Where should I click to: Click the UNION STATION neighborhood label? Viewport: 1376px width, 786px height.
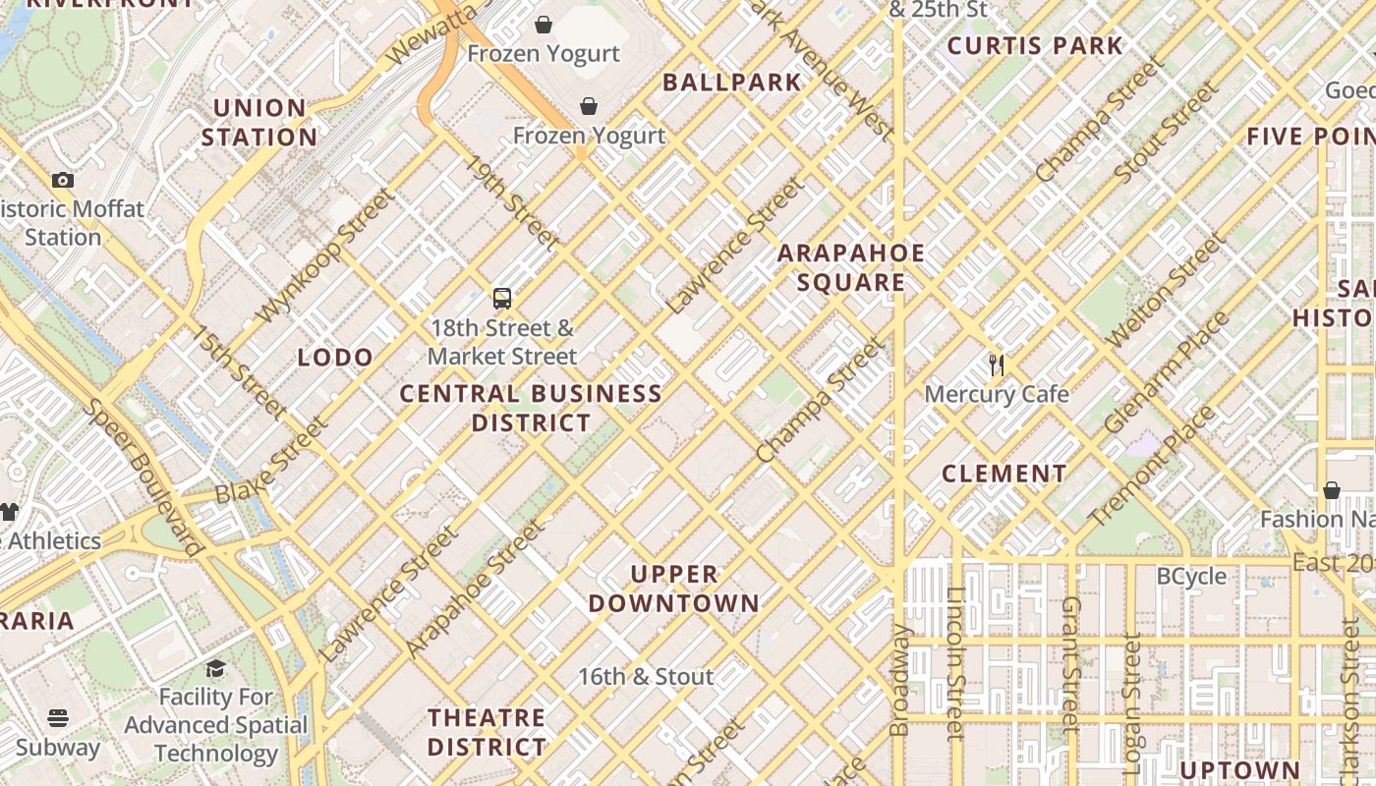click(x=259, y=123)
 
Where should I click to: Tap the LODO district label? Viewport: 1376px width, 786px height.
click(x=335, y=358)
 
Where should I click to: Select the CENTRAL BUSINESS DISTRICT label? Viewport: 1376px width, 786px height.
click(x=531, y=409)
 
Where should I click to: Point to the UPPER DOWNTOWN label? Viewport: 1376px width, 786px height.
click(x=674, y=589)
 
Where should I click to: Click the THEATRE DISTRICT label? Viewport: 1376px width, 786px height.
click(x=487, y=732)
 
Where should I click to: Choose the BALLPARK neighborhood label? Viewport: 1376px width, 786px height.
click(x=732, y=83)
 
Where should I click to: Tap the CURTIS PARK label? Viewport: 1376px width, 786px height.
click(x=1034, y=45)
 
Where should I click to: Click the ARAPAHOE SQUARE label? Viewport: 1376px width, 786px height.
click(x=851, y=268)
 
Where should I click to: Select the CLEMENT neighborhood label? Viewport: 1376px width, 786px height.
click(x=1003, y=474)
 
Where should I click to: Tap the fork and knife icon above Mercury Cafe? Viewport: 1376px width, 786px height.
click(x=997, y=365)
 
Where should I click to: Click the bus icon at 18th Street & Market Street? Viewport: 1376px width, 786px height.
click(x=501, y=298)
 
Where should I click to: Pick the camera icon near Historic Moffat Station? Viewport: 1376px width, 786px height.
click(x=63, y=180)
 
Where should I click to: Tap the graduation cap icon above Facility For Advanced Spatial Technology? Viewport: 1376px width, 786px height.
click(x=215, y=669)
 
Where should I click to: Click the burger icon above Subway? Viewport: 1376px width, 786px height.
click(x=58, y=718)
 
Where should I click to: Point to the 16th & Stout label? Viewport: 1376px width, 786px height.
click(x=645, y=677)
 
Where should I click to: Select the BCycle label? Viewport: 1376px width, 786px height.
click(x=1191, y=576)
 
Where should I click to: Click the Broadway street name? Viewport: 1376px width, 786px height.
click(x=899, y=680)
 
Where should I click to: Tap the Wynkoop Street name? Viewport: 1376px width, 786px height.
click(x=323, y=256)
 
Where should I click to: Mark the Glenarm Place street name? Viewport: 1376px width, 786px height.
click(x=1166, y=373)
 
